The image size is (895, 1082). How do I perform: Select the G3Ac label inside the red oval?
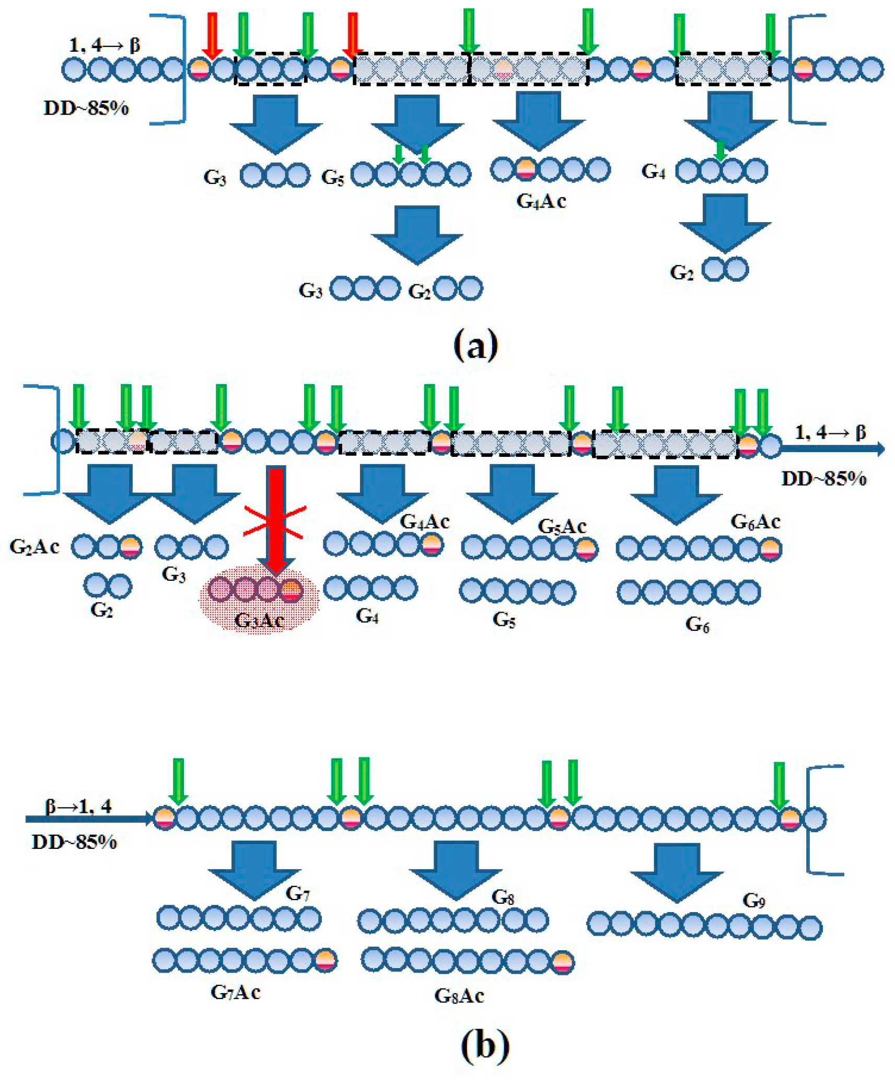(259, 620)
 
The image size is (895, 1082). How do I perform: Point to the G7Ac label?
(235, 992)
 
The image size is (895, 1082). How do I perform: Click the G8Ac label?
(459, 995)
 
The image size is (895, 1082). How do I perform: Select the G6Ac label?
(755, 522)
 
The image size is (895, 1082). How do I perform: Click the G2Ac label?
(34, 547)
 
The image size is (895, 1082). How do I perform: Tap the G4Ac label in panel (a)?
(541, 201)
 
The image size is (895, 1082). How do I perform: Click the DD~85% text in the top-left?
(86, 108)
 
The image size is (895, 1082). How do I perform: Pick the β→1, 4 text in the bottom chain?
(78, 807)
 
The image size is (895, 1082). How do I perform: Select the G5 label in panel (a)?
(332, 178)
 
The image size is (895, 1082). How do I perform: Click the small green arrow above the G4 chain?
(720, 151)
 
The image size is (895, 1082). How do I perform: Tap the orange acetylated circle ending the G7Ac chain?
(326, 960)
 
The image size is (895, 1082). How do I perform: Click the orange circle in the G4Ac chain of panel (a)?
(526, 169)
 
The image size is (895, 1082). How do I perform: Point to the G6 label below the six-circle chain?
(697, 624)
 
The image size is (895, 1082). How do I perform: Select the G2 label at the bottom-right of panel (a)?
(681, 272)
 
